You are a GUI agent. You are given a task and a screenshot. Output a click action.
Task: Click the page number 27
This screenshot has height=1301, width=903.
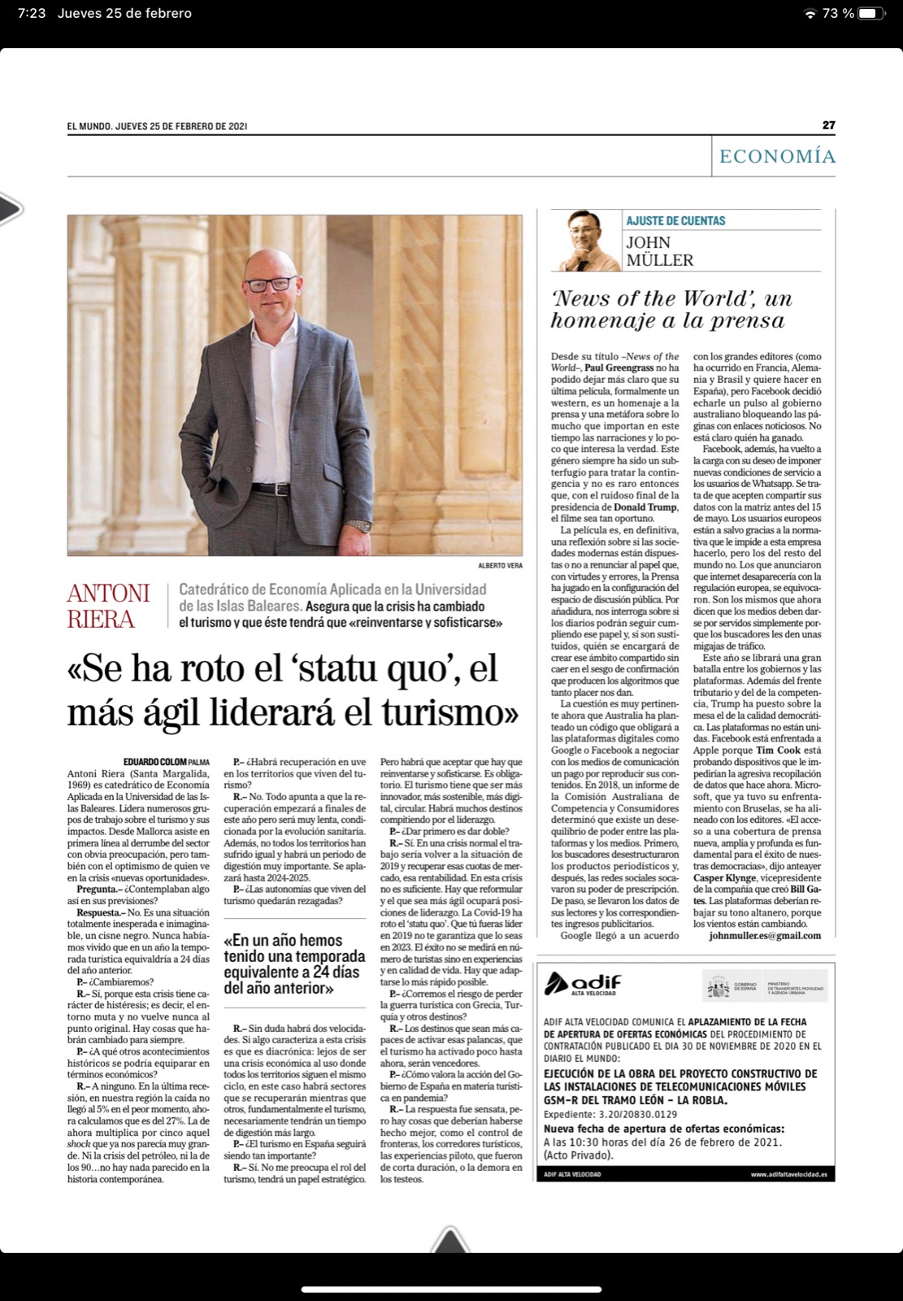(x=828, y=125)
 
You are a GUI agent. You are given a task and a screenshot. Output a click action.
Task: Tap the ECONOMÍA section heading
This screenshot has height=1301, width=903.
(x=777, y=156)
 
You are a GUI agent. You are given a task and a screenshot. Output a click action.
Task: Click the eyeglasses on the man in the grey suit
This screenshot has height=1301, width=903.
(x=271, y=284)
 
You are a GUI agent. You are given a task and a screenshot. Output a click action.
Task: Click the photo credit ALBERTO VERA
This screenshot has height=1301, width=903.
(x=501, y=565)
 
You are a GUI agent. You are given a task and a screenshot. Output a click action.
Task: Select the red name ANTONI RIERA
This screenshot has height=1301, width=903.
(x=108, y=606)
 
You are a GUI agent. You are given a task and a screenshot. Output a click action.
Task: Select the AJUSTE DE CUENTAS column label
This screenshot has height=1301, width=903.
(x=675, y=220)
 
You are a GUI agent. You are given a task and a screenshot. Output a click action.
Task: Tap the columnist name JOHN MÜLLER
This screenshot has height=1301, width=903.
(x=659, y=251)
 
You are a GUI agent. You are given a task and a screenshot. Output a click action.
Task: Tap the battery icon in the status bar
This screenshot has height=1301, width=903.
(x=871, y=13)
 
